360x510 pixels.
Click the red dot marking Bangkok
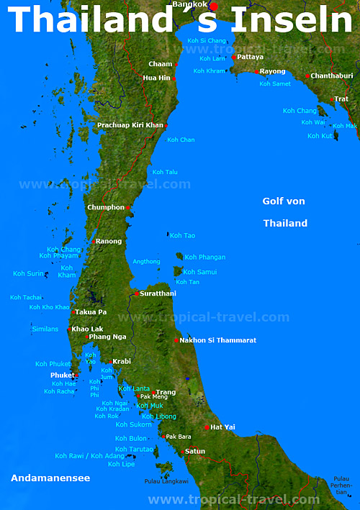tap(213, 6)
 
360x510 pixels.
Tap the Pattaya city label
tap(251, 57)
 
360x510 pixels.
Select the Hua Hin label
tap(156, 78)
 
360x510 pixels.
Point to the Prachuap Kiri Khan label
tap(130, 125)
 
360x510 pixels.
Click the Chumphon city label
tap(106, 208)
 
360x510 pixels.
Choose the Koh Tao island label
tap(183, 236)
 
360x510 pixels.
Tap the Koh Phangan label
tap(205, 258)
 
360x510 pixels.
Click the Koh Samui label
tap(199, 272)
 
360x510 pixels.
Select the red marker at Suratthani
tap(136, 293)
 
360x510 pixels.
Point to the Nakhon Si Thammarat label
tap(217, 340)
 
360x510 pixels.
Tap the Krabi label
tap(122, 362)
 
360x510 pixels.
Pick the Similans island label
tap(45, 329)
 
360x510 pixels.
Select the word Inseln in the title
tap(293, 19)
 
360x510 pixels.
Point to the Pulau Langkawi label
tap(166, 481)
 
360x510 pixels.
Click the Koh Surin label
tap(28, 273)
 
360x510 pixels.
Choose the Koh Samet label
tap(275, 84)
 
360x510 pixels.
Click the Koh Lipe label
tap(121, 465)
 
